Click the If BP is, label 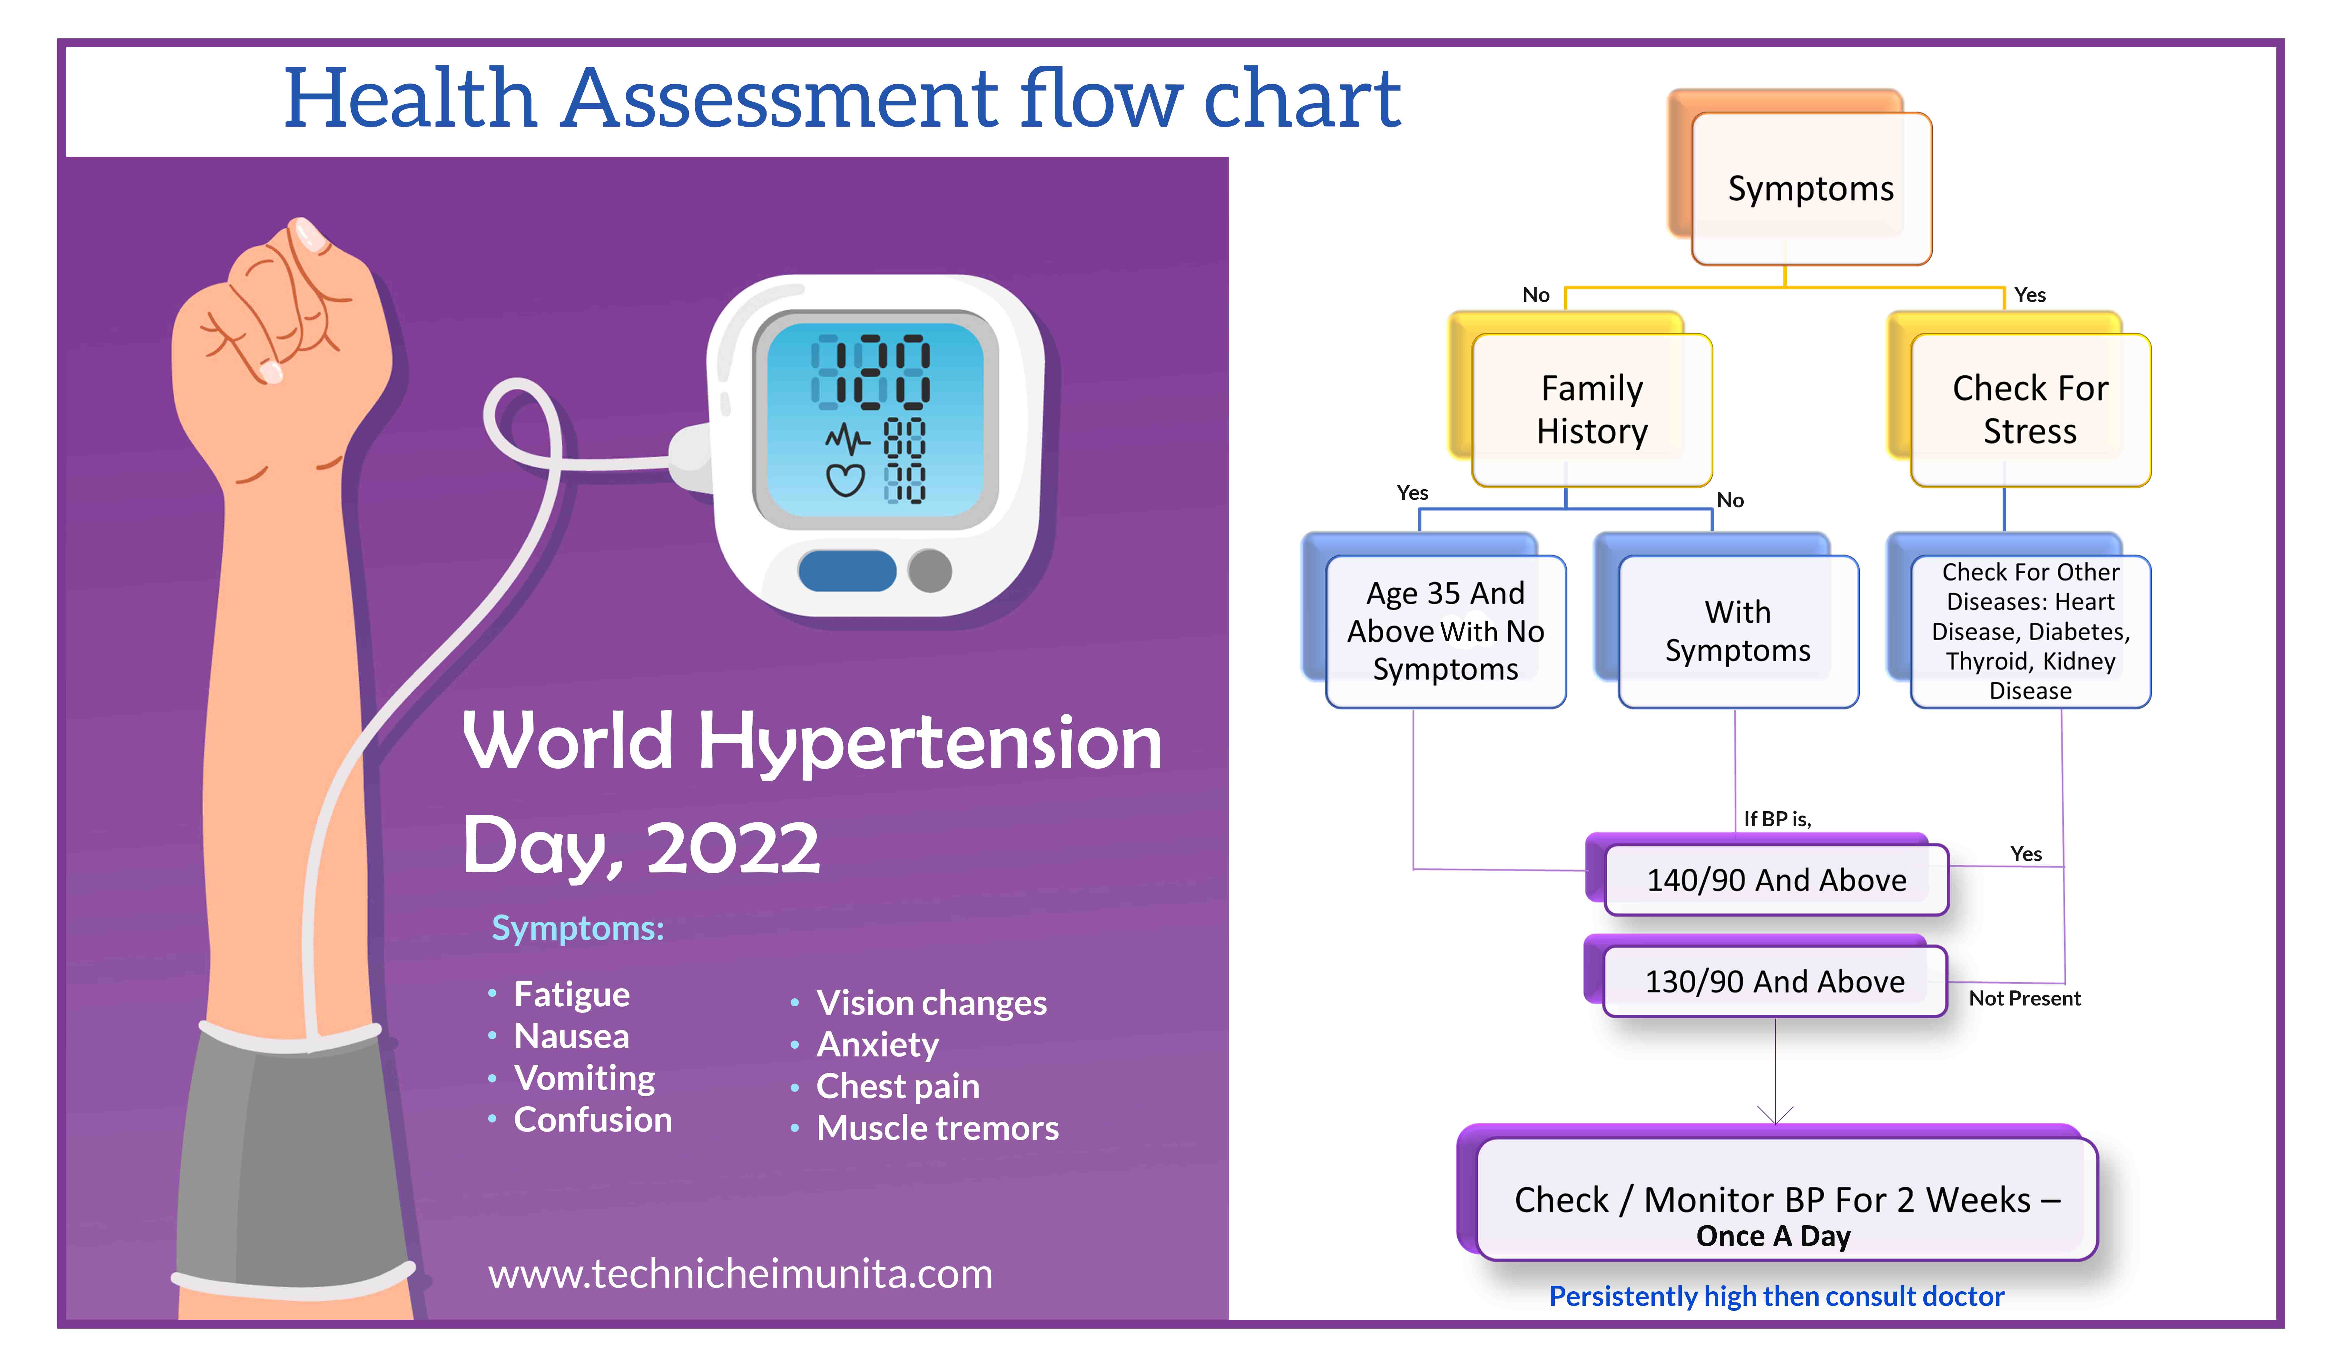point(1777,819)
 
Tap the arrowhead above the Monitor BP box point(1775,1116)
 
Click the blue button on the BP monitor point(847,571)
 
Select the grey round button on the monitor point(930,571)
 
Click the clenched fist point(278,315)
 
